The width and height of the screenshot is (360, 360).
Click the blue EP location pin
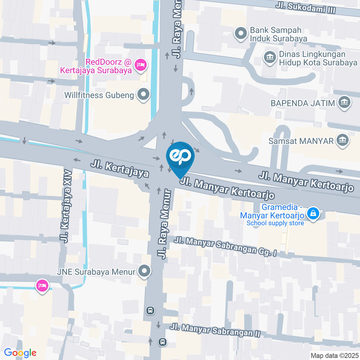(x=180, y=157)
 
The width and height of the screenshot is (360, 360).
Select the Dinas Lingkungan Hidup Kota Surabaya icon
(x=269, y=57)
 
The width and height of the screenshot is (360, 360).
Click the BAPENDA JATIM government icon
(x=344, y=102)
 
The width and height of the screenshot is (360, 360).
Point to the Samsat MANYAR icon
(x=342, y=141)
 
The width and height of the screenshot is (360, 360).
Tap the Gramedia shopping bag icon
(x=312, y=214)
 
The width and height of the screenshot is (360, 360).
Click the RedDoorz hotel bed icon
(x=141, y=65)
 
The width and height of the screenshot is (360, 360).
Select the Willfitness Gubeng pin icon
(x=143, y=94)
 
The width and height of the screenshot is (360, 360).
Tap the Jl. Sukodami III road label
(x=305, y=7)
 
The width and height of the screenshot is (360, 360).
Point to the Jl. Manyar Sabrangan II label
(x=215, y=330)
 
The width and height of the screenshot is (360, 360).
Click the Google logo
(x=20, y=352)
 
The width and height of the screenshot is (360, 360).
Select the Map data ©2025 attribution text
(x=334, y=355)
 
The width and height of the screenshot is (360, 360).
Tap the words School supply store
(x=275, y=223)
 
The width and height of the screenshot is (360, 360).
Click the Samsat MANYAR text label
(x=301, y=141)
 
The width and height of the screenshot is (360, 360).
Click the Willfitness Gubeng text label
(x=99, y=95)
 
